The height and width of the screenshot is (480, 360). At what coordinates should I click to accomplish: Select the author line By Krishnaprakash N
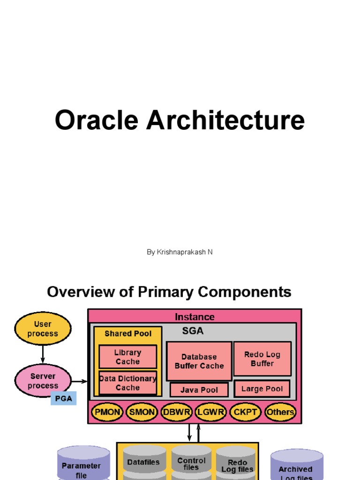click(180, 252)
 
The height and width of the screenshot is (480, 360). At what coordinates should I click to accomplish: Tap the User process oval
click(43, 329)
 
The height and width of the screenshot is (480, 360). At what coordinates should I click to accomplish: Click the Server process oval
click(43, 380)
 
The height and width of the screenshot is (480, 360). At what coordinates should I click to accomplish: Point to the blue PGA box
click(63, 399)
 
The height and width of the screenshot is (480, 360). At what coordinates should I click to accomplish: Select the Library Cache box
click(127, 357)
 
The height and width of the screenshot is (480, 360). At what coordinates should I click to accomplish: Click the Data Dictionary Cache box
click(127, 383)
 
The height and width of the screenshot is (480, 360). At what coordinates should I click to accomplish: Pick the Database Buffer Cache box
click(199, 361)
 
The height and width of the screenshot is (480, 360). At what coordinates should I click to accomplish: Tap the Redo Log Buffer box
click(262, 359)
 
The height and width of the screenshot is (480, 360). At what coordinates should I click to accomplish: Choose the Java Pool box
click(199, 390)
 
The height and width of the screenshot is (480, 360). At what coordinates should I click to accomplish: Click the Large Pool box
click(262, 389)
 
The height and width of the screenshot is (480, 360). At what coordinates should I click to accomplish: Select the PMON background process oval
click(108, 412)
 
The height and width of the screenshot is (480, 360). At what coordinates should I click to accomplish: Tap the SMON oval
click(142, 412)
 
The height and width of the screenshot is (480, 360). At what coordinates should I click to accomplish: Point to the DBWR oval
click(176, 412)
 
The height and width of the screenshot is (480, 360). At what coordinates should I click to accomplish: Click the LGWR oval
click(210, 412)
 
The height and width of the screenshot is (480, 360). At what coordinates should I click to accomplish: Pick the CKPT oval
click(245, 412)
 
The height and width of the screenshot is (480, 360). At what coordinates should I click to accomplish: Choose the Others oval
click(280, 412)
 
